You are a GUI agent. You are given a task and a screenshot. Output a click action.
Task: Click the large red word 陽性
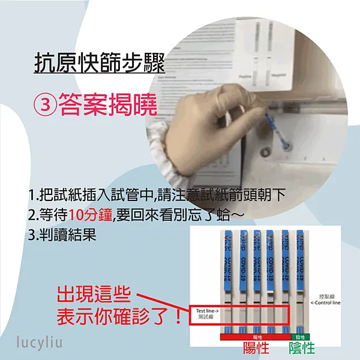pyautogui.click(x=255, y=348)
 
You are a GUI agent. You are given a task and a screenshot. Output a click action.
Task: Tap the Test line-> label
pyautogui.click(x=208, y=311)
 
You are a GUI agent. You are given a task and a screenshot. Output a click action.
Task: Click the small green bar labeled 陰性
pyautogui.click(x=299, y=337)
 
